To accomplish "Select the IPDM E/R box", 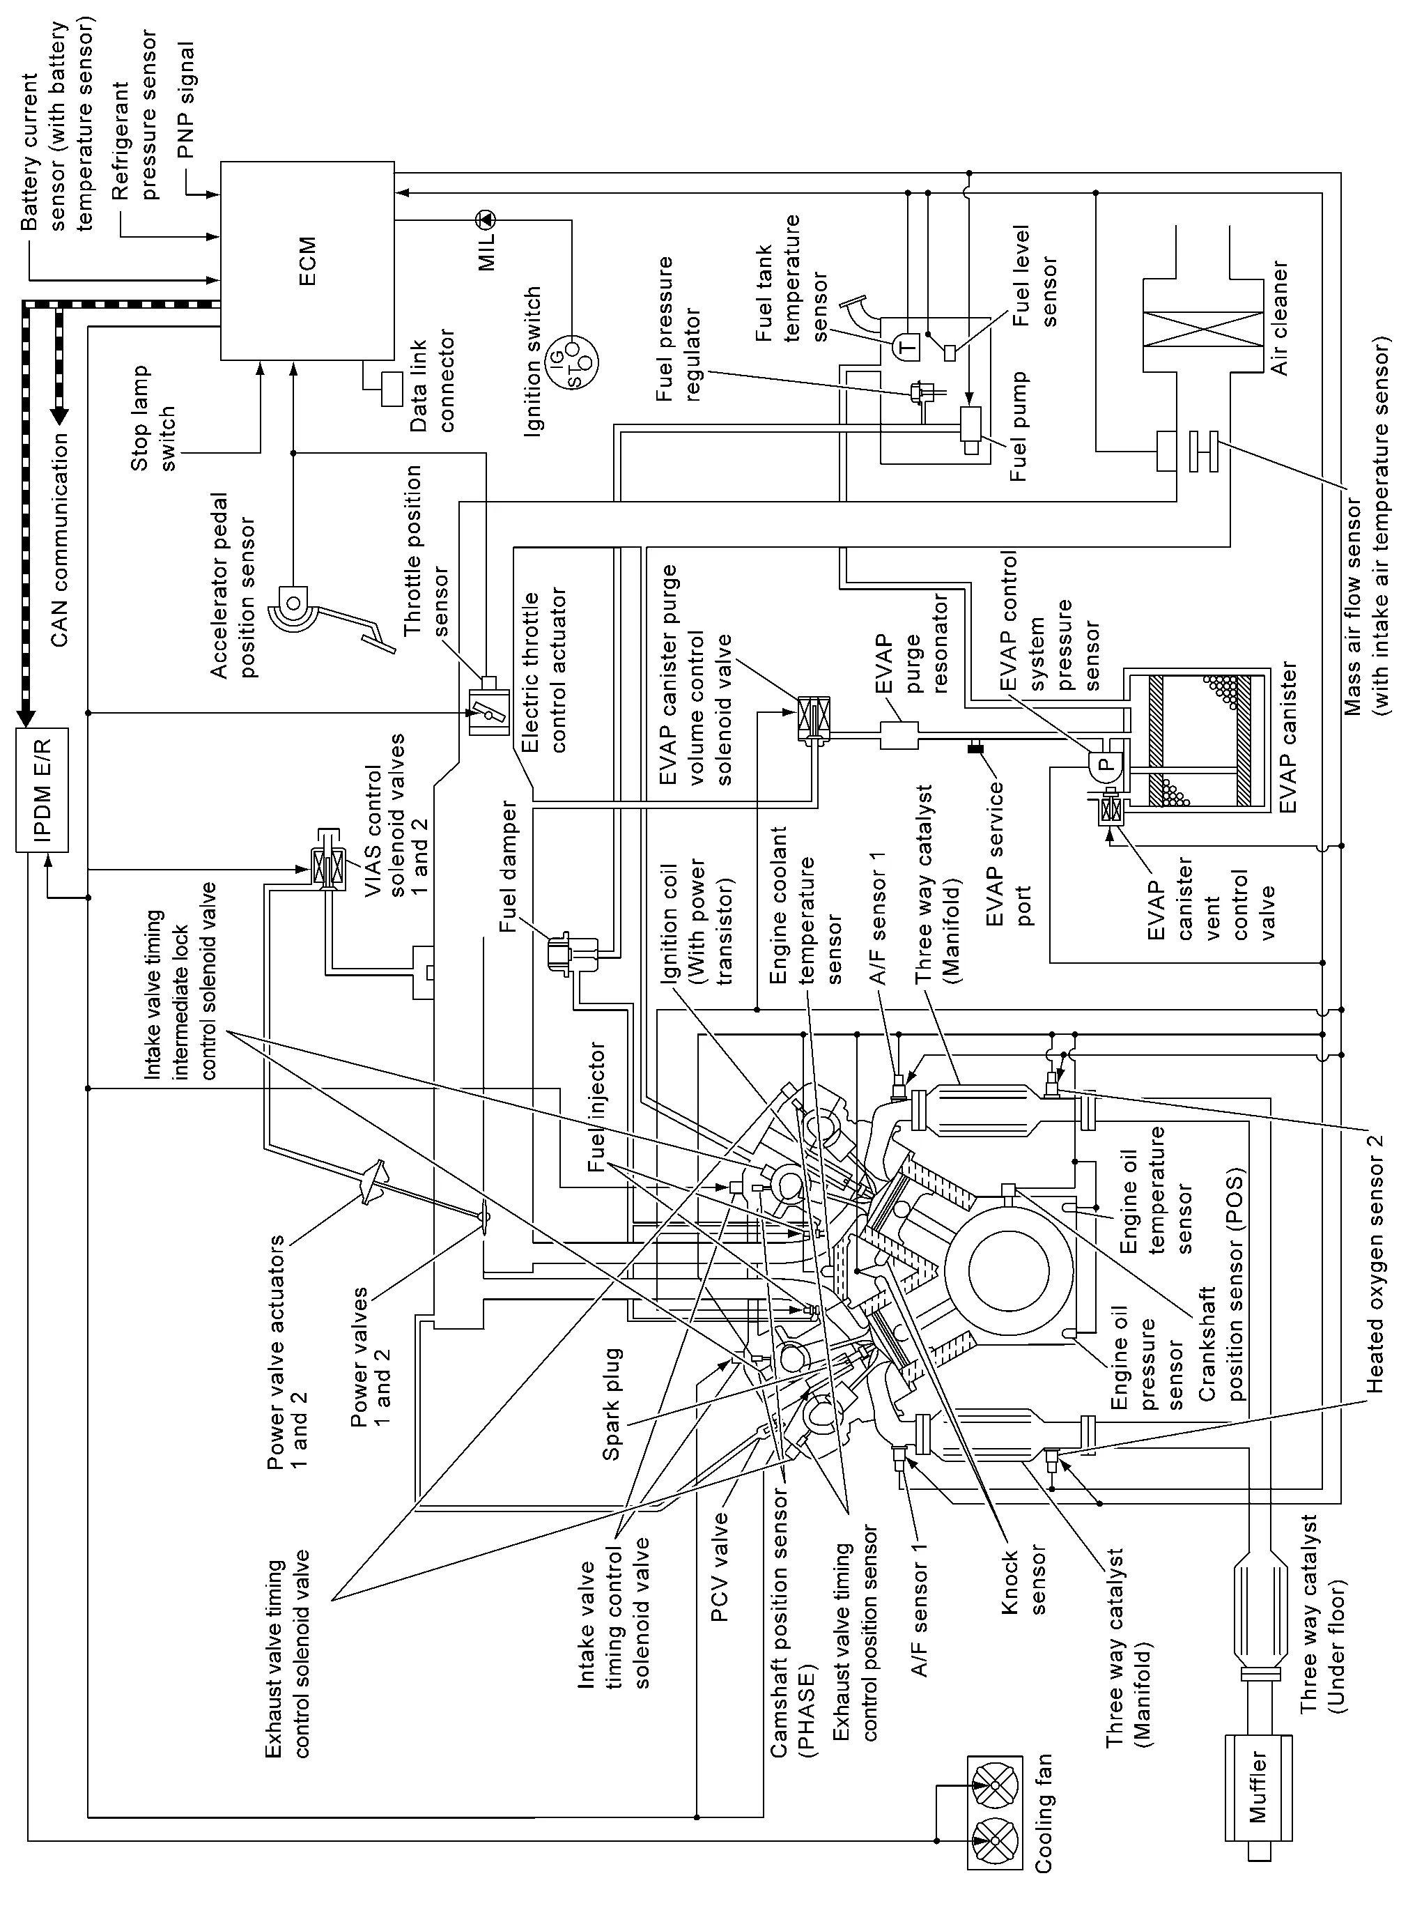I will click(x=42, y=790).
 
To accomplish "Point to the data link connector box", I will click(x=393, y=389).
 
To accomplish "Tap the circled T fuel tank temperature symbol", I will click(x=905, y=347).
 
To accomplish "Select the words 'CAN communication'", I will click(x=58, y=539).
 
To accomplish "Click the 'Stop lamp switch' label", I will click(x=153, y=417).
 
